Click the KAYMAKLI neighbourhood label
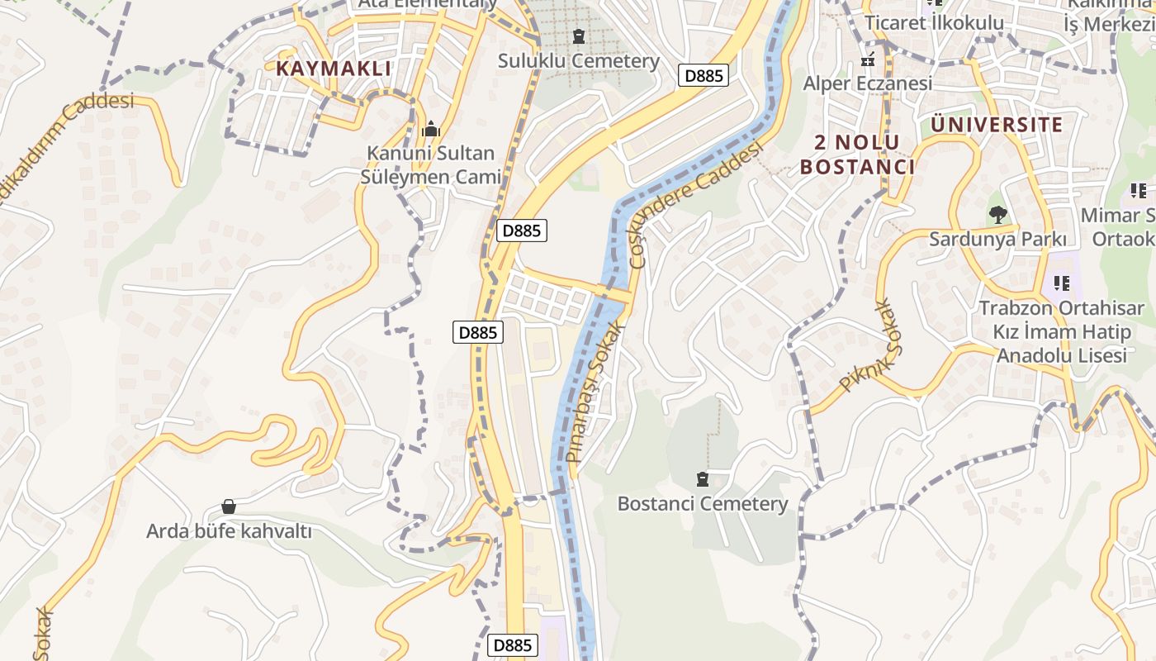[334, 68]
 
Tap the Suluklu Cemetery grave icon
[578, 36]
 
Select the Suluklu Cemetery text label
[579, 60]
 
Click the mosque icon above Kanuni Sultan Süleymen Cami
[430, 130]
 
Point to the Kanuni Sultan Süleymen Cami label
[430, 165]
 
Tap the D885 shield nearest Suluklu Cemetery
[704, 76]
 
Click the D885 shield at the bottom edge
[513, 645]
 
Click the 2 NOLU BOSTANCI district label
[857, 155]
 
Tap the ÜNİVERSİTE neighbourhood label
[997, 125]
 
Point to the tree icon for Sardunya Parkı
[997, 215]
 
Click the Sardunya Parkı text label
[997, 239]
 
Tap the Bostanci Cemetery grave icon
[703, 479]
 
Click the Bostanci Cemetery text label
[703, 503]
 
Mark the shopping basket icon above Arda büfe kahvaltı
[229, 506]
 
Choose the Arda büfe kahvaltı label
[229, 530]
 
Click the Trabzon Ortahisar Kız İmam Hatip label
[1062, 332]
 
